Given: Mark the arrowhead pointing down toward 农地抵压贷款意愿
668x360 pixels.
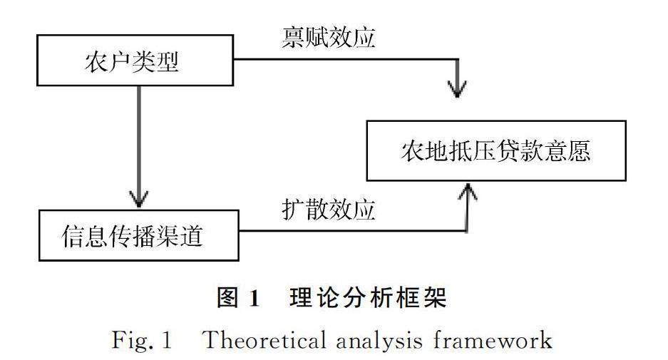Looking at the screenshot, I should (x=457, y=88).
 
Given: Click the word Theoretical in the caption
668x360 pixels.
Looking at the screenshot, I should (x=260, y=340).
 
